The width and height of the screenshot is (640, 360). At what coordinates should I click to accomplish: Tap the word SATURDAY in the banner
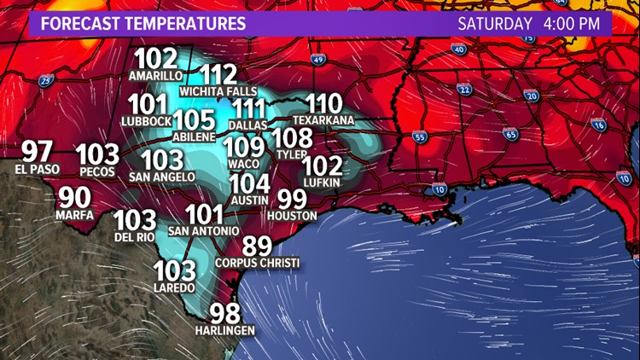(495, 23)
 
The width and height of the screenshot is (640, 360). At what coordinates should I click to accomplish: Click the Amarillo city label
(155, 75)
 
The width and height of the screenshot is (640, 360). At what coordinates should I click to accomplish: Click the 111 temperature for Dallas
(249, 109)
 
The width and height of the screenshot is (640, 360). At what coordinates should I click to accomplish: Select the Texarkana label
(323, 121)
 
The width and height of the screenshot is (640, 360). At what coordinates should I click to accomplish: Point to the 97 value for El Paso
(38, 152)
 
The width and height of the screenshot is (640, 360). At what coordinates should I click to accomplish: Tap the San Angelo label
(161, 177)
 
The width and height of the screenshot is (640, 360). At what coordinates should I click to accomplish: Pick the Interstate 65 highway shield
(510, 133)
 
